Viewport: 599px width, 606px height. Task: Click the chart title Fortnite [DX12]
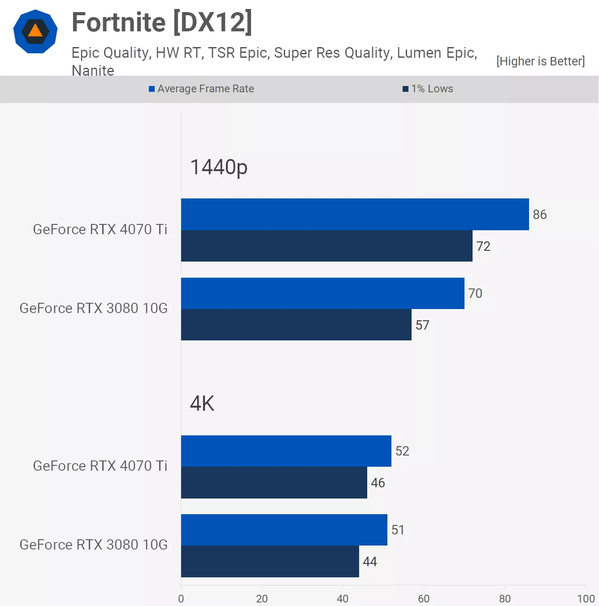click(162, 22)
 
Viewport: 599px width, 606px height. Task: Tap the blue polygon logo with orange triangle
click(35, 31)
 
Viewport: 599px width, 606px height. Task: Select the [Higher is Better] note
click(540, 61)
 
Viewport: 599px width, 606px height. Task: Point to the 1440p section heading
click(219, 168)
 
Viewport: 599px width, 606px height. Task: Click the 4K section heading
click(202, 404)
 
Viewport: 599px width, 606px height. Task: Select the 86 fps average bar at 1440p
click(355, 215)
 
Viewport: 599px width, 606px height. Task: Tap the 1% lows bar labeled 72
click(326, 246)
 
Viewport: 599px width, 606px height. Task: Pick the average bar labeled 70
click(322, 293)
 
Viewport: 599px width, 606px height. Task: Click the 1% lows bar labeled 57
click(296, 325)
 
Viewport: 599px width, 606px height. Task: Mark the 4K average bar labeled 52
click(286, 451)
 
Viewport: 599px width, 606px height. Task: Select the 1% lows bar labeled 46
click(274, 483)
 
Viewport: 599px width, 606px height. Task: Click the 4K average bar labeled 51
click(284, 530)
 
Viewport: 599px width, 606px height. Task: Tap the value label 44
click(370, 562)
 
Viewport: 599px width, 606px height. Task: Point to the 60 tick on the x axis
click(424, 598)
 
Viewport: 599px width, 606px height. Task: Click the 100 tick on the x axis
click(586, 598)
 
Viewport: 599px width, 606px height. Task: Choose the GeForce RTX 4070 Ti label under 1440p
click(100, 229)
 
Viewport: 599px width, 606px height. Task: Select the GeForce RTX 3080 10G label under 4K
click(93, 545)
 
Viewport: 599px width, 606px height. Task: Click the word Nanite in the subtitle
click(93, 71)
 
